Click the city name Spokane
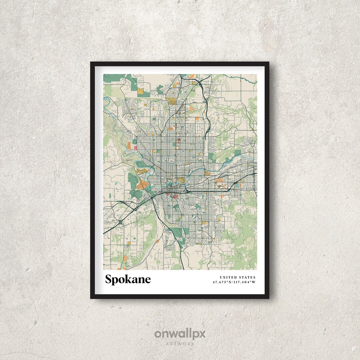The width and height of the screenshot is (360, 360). coord(128,279)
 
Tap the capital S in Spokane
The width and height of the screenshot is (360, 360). coord(109,279)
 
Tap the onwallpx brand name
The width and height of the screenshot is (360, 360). coord(180,334)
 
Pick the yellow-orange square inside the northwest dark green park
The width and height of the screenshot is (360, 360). coord(140,90)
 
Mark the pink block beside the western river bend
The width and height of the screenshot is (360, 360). coord(135,147)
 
